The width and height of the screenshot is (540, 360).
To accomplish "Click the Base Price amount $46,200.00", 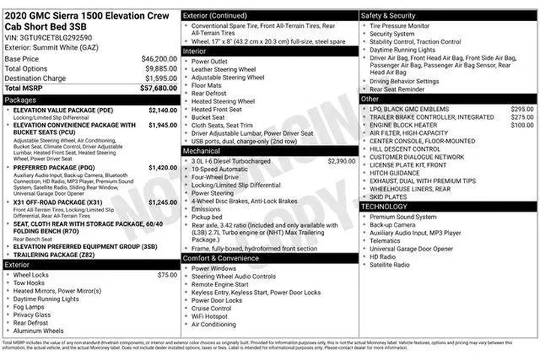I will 159,58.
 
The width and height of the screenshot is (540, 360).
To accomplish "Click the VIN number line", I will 49,36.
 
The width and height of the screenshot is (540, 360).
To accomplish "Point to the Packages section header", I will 20,99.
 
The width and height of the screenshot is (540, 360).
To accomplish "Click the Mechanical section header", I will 202,151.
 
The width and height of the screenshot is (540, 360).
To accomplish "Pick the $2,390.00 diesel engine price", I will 341,160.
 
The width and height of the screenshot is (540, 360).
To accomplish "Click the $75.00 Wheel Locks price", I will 167,275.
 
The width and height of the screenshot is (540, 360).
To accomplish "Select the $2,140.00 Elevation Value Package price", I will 163,109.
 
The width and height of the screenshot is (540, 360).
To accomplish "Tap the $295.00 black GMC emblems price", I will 522,109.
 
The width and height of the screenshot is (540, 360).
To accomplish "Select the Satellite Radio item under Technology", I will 389,265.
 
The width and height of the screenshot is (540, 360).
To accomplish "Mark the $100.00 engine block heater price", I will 522,125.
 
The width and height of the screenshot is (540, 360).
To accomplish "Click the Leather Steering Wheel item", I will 223,69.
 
